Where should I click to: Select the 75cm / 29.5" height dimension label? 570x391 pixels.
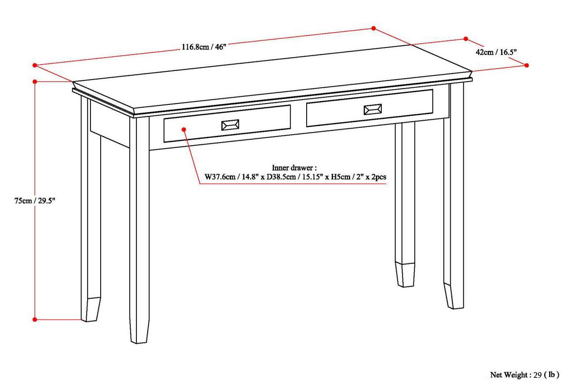[35, 201]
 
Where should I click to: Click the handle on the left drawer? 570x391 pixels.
[230, 125]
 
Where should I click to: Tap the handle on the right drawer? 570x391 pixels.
[372, 110]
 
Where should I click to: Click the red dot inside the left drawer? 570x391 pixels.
[183, 129]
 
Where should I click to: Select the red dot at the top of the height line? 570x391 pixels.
[35, 81]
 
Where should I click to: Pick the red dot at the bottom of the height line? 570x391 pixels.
[35, 319]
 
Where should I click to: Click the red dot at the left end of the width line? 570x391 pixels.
[35, 65]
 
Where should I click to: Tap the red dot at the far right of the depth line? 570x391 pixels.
[527, 65]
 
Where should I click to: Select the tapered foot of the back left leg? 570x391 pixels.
[93, 309]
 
